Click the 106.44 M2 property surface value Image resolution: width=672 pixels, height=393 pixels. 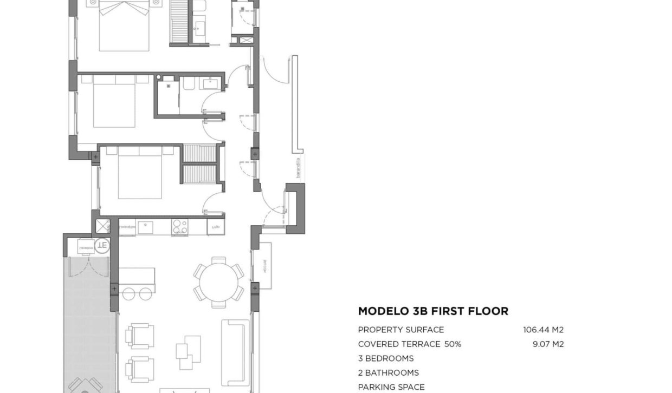(543, 330)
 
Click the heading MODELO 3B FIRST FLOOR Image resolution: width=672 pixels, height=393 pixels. (433, 311)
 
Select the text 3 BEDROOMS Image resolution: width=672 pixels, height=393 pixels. (385, 358)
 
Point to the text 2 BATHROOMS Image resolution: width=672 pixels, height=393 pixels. (388, 372)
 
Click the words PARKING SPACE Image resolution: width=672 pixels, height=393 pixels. (391, 387)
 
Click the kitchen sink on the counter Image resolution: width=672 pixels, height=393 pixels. (145, 227)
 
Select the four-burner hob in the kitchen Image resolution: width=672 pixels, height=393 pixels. (179, 227)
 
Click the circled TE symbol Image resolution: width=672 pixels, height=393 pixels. (102, 246)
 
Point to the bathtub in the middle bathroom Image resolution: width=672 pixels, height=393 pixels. (190, 84)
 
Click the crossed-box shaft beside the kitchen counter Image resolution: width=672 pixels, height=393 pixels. (102, 226)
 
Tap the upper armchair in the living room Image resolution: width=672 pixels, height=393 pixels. (140, 336)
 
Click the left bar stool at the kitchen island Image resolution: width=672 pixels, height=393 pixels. (128, 293)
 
